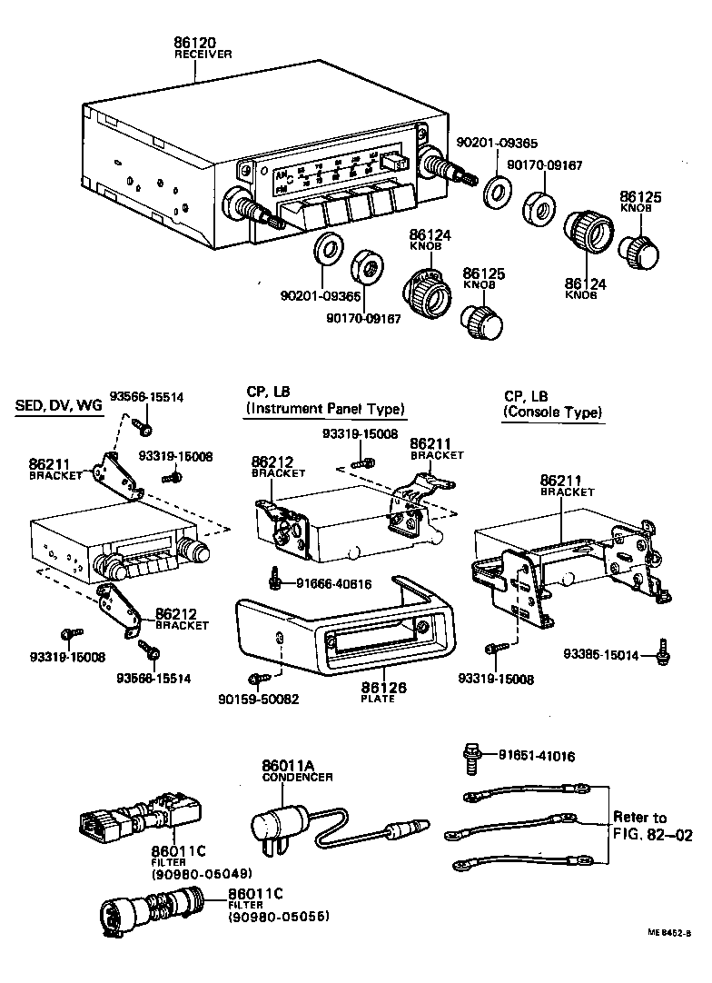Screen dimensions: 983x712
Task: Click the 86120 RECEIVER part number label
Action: pos(194,45)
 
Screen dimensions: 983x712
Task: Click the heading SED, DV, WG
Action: pos(59,405)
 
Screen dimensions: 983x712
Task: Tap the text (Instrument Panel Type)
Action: pos(325,410)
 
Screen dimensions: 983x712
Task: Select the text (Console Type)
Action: pos(552,413)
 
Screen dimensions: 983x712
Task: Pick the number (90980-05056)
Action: pos(278,918)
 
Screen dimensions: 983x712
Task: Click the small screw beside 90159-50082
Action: pos(257,678)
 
